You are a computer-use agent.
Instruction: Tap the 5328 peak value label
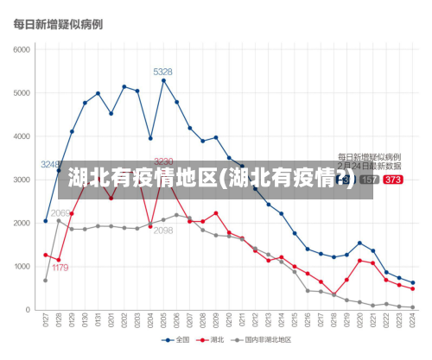(162, 72)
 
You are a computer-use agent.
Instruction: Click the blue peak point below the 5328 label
(163, 80)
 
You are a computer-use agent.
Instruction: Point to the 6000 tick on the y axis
(21, 49)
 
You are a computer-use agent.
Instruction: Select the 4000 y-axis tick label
(21, 136)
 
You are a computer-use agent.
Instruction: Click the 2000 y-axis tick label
(21, 223)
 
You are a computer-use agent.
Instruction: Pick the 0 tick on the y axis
(28, 310)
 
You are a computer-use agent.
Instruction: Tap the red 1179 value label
(60, 268)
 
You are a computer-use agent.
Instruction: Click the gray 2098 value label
(163, 231)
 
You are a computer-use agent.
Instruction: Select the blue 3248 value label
(51, 164)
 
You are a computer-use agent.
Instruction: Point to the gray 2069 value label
(60, 212)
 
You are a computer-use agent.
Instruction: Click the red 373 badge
(392, 180)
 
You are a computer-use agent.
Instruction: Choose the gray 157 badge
(369, 180)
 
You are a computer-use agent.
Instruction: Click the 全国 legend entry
(177, 339)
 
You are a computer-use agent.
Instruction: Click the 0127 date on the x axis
(46, 321)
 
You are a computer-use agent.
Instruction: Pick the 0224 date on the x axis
(412, 321)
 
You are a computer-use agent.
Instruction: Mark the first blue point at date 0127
(46, 221)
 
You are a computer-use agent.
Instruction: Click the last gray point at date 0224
(412, 307)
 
